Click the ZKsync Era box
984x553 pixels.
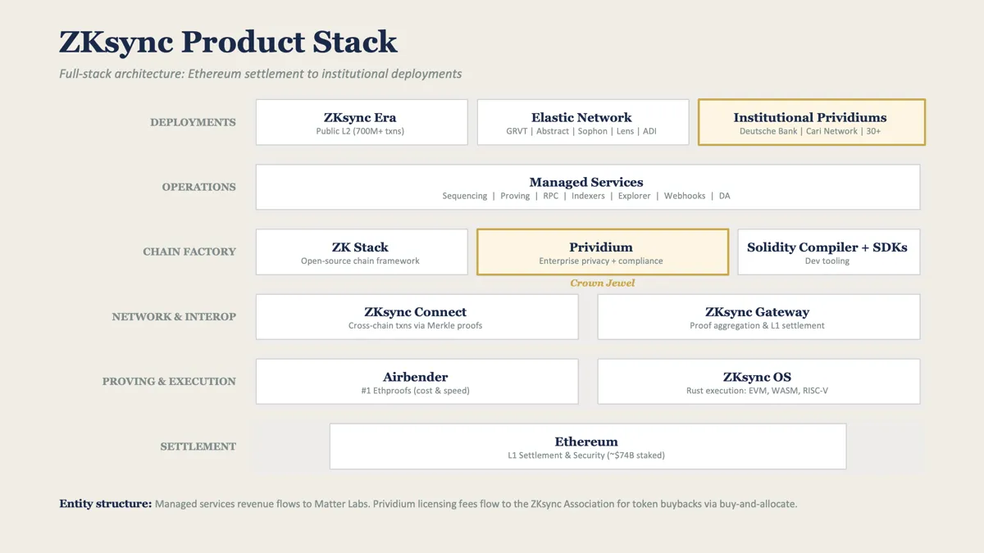click(x=362, y=122)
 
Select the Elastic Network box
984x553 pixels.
click(x=583, y=122)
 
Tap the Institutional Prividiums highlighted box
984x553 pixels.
click(x=811, y=122)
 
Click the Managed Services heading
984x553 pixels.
click(x=586, y=182)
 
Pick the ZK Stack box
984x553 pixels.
click(x=362, y=252)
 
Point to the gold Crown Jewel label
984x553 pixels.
click(x=602, y=283)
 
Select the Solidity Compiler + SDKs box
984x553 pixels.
click(x=828, y=252)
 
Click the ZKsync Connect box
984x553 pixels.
click(x=417, y=317)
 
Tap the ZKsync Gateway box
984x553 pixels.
click(x=758, y=317)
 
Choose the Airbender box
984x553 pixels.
click(x=417, y=382)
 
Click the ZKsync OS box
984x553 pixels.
click(x=758, y=382)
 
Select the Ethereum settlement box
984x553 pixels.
click(x=588, y=446)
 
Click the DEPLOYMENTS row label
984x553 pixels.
click(x=193, y=122)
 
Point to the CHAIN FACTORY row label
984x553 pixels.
click(x=189, y=252)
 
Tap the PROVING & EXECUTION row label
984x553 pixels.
click(x=169, y=382)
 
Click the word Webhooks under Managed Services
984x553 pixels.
click(x=685, y=196)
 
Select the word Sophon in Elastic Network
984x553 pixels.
click(x=592, y=131)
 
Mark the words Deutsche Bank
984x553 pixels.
click(x=768, y=131)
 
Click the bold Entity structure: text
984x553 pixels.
click(x=106, y=503)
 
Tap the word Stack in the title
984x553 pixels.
click(x=355, y=42)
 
